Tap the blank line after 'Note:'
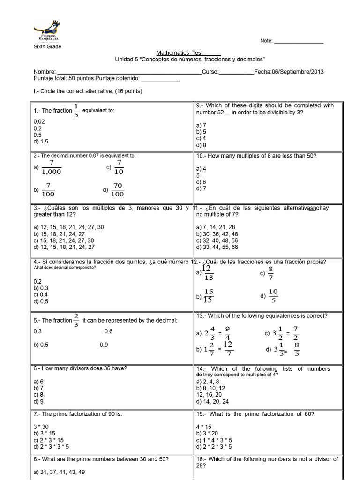(x=298, y=41)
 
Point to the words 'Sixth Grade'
(x=47, y=47)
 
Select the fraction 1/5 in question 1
(x=76, y=111)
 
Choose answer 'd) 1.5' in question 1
(x=41, y=141)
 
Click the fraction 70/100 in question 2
(x=118, y=190)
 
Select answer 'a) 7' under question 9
(x=201, y=125)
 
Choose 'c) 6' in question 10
(x=201, y=182)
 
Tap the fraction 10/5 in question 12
(x=273, y=295)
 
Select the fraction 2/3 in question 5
(x=76, y=321)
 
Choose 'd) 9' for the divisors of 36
(x=38, y=402)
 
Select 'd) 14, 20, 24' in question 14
(x=213, y=402)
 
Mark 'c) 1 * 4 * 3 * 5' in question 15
(x=214, y=440)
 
